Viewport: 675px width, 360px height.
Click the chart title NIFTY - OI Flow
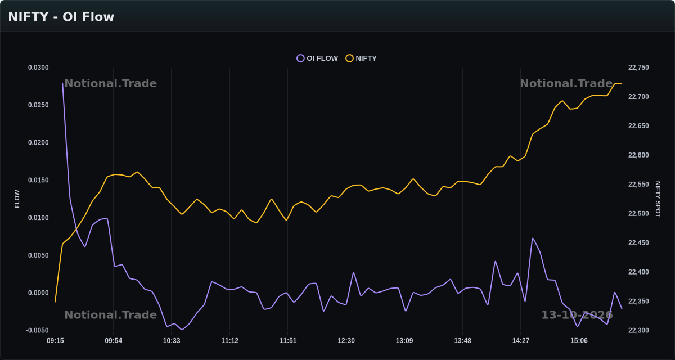(x=61, y=17)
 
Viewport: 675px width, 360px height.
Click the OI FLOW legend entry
(x=317, y=58)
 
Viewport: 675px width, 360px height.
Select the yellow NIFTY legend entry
(x=361, y=58)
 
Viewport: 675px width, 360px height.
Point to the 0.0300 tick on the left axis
(x=38, y=67)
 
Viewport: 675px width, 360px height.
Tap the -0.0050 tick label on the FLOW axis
(x=37, y=331)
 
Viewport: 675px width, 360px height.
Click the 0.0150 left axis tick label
(x=38, y=180)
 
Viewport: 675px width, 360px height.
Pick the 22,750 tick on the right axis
(x=638, y=67)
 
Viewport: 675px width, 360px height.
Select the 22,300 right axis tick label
(x=638, y=331)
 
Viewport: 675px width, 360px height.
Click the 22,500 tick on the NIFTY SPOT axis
(x=638, y=214)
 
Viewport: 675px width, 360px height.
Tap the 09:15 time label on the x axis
(x=55, y=341)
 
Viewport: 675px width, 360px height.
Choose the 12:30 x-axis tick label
(x=346, y=341)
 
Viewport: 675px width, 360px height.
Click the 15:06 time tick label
(x=579, y=341)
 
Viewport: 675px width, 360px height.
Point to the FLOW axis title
(x=17, y=199)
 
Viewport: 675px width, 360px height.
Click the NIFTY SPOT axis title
(x=658, y=199)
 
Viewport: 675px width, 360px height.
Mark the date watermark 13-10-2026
(x=577, y=315)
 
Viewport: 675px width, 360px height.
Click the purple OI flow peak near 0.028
(x=62, y=83)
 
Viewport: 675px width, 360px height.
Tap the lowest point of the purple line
(x=182, y=330)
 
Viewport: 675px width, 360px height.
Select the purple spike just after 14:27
(x=533, y=238)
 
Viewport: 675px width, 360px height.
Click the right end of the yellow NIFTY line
(x=622, y=84)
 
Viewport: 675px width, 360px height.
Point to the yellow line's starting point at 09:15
(x=55, y=301)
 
